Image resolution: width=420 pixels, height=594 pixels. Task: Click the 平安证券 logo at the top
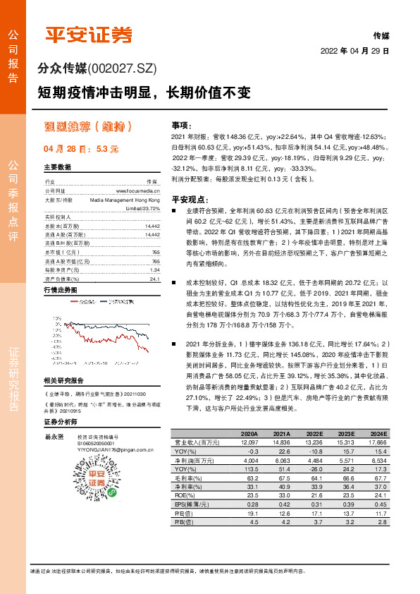pyautogui.click(x=89, y=35)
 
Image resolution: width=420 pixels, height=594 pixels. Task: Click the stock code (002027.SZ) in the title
pyautogui.click(x=122, y=68)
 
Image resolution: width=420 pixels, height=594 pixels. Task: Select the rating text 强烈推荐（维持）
pyautogui.click(x=88, y=127)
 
